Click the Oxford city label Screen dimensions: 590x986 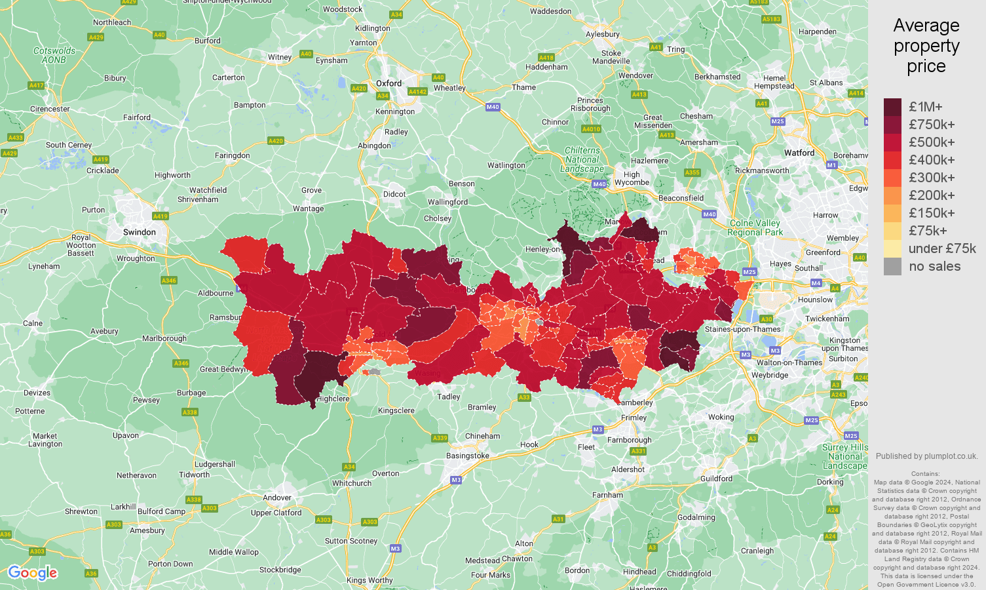(x=389, y=83)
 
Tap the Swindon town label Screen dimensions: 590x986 (x=140, y=232)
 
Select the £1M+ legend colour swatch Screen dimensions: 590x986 (x=892, y=107)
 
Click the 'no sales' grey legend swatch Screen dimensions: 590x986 (x=892, y=266)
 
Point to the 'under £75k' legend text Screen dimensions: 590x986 (x=941, y=248)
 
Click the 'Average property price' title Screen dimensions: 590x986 (x=926, y=46)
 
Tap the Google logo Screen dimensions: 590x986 (x=33, y=573)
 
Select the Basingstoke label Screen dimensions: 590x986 (x=468, y=456)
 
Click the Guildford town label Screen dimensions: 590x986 (x=716, y=479)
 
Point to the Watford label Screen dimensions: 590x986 (x=799, y=153)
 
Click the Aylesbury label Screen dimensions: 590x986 (x=602, y=34)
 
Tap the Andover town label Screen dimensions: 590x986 (x=277, y=498)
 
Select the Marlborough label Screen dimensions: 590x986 (x=164, y=338)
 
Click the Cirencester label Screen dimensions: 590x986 (x=50, y=109)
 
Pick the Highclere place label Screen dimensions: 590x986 (x=333, y=399)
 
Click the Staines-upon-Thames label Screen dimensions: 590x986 (x=742, y=329)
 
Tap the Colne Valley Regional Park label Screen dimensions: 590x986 (x=755, y=227)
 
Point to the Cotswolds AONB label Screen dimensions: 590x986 (x=54, y=55)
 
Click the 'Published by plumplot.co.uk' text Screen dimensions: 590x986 (x=926, y=456)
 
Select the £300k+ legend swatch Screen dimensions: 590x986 (x=892, y=178)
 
